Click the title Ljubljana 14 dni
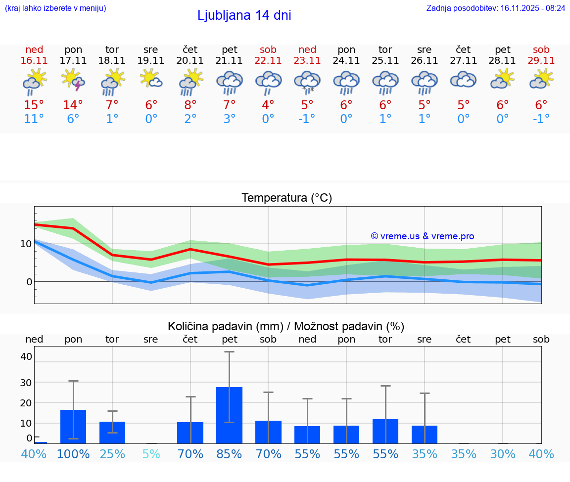pyautogui.click(x=244, y=15)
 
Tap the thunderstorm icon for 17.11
pyautogui.click(x=73, y=80)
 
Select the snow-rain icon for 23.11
pyautogui.click(x=307, y=82)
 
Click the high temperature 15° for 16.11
pyautogui.click(x=34, y=105)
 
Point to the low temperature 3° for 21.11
pyautogui.click(x=229, y=119)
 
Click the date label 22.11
pyautogui.click(x=268, y=61)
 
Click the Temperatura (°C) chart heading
pyautogui.click(x=286, y=198)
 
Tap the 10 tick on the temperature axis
pyautogui.click(x=26, y=244)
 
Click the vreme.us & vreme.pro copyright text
pyautogui.click(x=422, y=236)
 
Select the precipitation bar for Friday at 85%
pyautogui.click(x=229, y=415)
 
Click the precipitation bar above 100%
pyautogui.click(x=73, y=426)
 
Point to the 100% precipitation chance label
pyautogui.click(x=73, y=454)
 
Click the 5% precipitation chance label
pyautogui.click(x=151, y=454)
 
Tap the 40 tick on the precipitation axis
pyautogui.click(x=26, y=356)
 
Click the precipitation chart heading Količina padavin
pyautogui.click(x=286, y=326)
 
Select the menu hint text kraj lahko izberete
pyautogui.click(x=55, y=8)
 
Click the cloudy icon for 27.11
pyautogui.click(x=463, y=80)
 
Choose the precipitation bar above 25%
pyautogui.click(x=112, y=432)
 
